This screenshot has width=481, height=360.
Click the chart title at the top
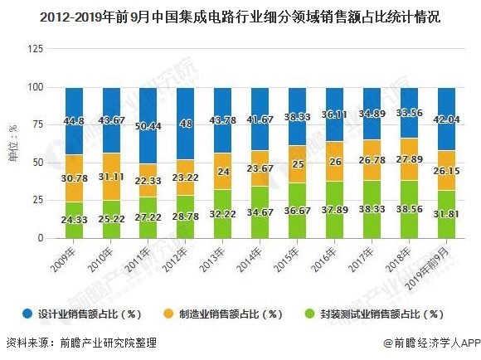pyautogui.click(x=240, y=14)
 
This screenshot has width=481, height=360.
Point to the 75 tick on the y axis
pyautogui.click(x=37, y=124)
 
